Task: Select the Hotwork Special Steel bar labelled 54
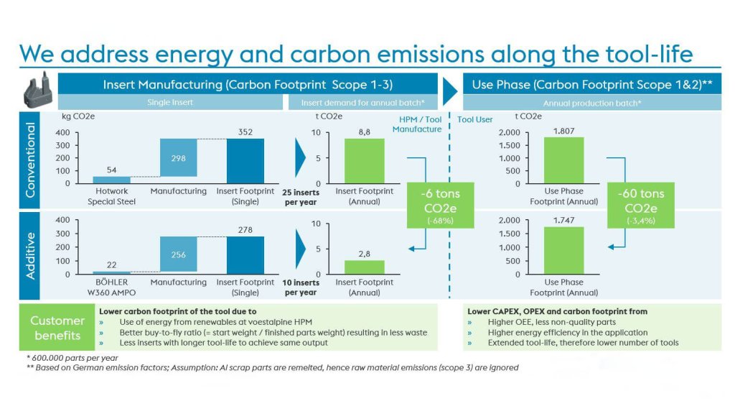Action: pos(112,180)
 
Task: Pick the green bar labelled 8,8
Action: pos(364,161)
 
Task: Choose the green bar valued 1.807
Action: pos(563,160)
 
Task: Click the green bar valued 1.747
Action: pos(563,250)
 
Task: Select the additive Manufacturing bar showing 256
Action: pos(178,254)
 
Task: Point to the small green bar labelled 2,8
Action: pos(364,267)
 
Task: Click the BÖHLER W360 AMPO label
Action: pos(112,287)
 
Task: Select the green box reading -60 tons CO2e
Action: pos(641,205)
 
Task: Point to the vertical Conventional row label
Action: pos(31,160)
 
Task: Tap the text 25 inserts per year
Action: pos(300,197)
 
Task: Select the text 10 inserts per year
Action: pos(300,287)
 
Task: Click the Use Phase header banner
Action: pos(591,84)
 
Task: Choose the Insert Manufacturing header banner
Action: pos(248,84)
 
